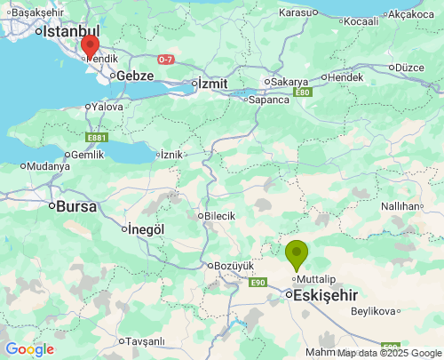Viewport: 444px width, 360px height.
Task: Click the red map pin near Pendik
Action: click(x=89, y=46)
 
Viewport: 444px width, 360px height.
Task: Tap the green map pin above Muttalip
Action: click(x=296, y=254)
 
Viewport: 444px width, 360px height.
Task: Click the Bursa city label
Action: click(x=75, y=206)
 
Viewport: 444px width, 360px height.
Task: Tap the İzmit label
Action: click(x=213, y=83)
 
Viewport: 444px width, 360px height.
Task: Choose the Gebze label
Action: click(x=136, y=76)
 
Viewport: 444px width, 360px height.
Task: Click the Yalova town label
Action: click(x=107, y=107)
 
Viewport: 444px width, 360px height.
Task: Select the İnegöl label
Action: click(x=147, y=228)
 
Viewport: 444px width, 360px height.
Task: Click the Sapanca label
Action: click(x=269, y=100)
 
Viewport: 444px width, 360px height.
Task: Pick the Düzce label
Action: click(x=409, y=67)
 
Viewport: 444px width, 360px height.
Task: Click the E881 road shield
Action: click(x=97, y=138)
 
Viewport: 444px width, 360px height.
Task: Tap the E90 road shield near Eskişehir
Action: click(x=258, y=282)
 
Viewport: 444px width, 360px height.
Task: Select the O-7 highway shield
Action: click(x=166, y=60)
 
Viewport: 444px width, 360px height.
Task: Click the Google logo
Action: click(x=29, y=349)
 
